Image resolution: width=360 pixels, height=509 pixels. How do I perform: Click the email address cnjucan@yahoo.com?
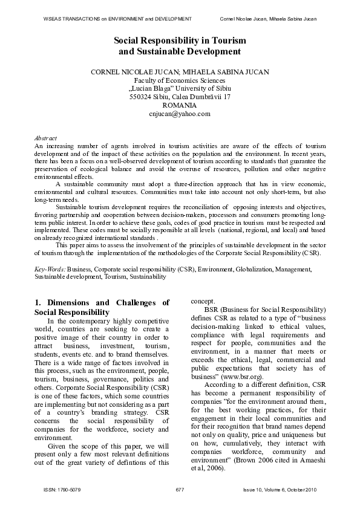(180, 113)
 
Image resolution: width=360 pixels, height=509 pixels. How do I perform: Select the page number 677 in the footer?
(180, 489)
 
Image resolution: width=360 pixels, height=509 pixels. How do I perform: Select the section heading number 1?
(38, 303)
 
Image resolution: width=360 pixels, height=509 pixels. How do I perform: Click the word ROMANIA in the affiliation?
(180, 105)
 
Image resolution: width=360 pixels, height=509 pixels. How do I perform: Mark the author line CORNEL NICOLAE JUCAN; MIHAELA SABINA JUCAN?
(180, 71)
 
